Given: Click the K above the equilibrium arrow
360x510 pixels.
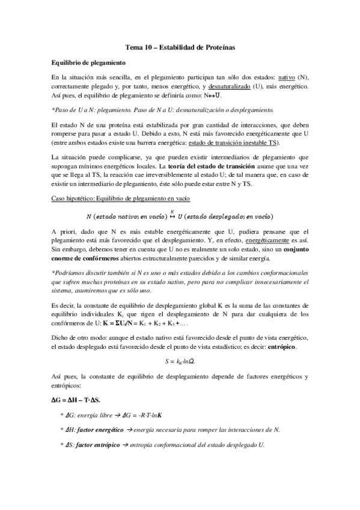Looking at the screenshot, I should pyautogui.click(x=172, y=210).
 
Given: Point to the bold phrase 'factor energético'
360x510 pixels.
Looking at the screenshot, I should pyautogui.click(x=100, y=429).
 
